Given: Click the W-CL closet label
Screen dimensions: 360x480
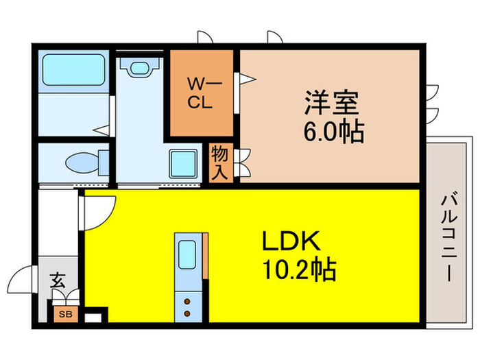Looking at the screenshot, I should coord(204,94).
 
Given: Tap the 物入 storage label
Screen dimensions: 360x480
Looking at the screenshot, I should coord(219,162).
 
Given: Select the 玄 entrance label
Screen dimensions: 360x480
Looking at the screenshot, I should coord(57,281).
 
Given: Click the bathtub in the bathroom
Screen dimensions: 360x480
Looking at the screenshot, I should coord(71,70).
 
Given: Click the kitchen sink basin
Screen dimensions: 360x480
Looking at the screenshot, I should coord(188,256).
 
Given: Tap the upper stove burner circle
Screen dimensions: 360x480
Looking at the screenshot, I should coord(187,300).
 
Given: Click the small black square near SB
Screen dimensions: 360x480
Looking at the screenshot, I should coord(97,317).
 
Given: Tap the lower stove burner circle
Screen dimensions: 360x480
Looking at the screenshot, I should coord(187,313).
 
